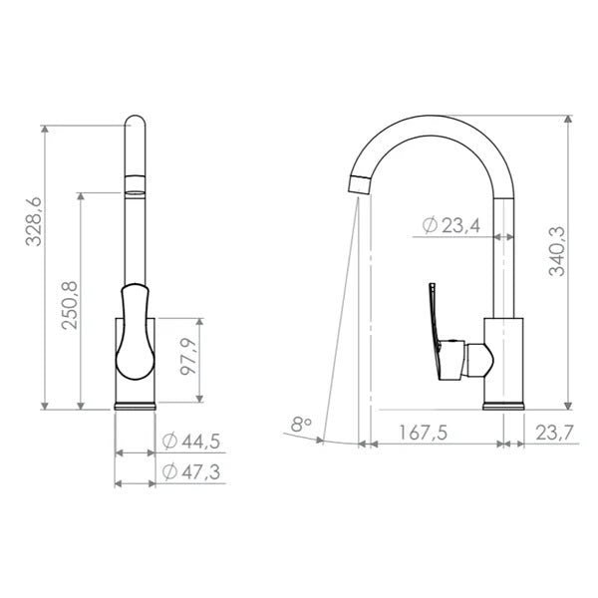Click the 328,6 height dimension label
[34, 221]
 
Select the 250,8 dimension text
[70, 305]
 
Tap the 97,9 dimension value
[188, 356]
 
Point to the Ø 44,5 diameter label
[191, 442]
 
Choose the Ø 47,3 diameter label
[191, 471]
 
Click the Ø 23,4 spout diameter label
[451, 225]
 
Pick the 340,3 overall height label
[557, 251]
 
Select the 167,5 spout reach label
[423, 433]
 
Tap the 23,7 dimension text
[554, 433]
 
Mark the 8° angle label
[301, 425]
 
